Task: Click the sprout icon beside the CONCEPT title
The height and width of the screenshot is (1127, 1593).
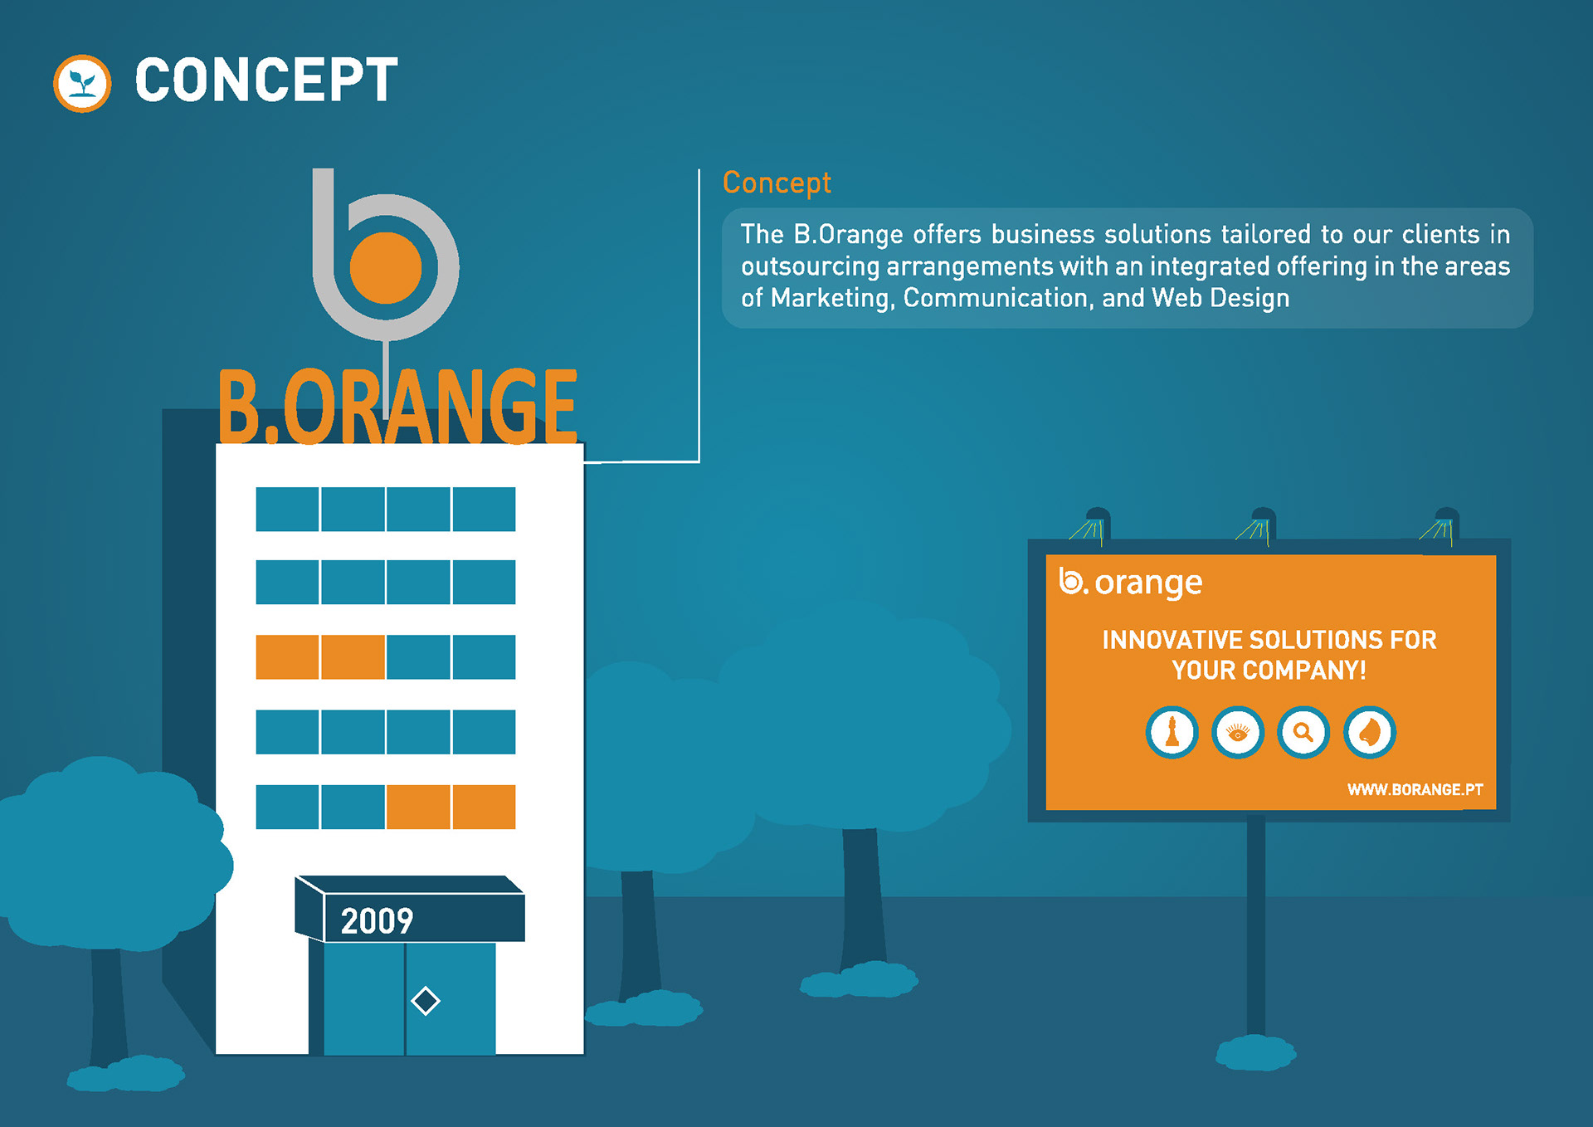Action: pos(82,83)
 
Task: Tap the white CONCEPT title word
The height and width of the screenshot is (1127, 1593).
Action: pos(266,80)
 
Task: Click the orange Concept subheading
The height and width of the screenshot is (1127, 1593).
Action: pos(777,183)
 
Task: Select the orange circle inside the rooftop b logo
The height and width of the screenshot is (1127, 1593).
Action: pos(386,267)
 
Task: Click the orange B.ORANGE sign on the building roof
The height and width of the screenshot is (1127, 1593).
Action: pos(397,406)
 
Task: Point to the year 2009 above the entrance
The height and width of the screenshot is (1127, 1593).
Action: pos(377,921)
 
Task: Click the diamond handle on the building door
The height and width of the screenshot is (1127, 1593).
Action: pos(426,1001)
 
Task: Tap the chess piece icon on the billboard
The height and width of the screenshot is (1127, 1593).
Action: pos(1172,732)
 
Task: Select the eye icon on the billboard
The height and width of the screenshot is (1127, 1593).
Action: pos(1238,732)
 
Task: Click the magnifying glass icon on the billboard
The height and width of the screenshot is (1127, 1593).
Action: pos(1303,732)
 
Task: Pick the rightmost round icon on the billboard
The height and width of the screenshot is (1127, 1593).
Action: pos(1370,732)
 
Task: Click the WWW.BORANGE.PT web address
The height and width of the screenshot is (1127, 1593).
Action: pos(1415,789)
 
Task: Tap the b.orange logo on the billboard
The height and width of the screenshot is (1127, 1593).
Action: pos(1131,583)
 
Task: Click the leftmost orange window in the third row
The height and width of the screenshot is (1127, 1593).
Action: pos(287,657)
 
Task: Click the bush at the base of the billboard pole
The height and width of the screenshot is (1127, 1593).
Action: pos(1256,1052)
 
